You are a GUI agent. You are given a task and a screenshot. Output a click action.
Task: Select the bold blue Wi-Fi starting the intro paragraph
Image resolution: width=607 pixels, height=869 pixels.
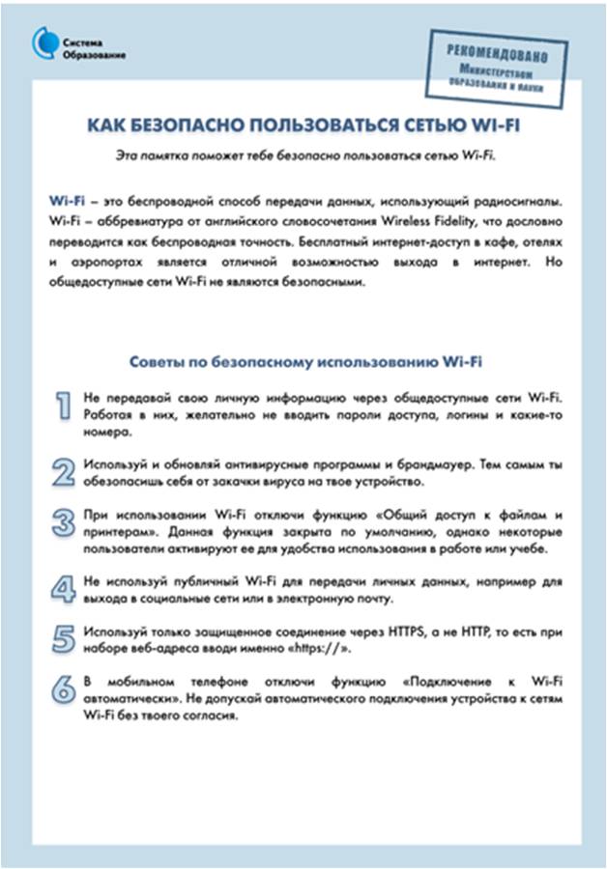coord(66,199)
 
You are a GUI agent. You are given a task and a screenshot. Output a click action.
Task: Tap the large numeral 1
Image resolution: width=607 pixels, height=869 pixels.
coord(62,406)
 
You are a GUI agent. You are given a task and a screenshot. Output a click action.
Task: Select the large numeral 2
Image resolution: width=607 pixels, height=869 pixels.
coord(63,470)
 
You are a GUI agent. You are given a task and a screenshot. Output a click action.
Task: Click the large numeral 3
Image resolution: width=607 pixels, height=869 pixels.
coord(63,522)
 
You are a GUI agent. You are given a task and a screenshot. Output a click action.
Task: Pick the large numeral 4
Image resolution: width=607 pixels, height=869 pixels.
coord(63,588)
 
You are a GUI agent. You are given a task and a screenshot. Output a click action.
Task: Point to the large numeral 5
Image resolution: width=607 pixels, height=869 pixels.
coord(63,637)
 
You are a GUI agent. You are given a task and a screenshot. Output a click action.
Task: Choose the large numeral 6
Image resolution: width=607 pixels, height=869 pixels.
coord(63,689)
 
